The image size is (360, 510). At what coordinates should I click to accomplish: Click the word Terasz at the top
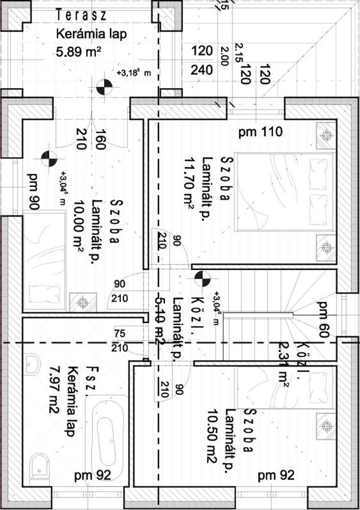[x=82, y=16]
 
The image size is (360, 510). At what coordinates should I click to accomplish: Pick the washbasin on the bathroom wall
[x=32, y=363]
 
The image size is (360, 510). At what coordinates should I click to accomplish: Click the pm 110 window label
[x=261, y=133]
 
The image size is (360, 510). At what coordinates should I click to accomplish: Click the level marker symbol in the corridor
[x=202, y=278]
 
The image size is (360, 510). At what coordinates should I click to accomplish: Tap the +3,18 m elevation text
[x=134, y=73]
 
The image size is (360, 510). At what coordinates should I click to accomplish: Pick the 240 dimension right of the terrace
[x=202, y=69]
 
